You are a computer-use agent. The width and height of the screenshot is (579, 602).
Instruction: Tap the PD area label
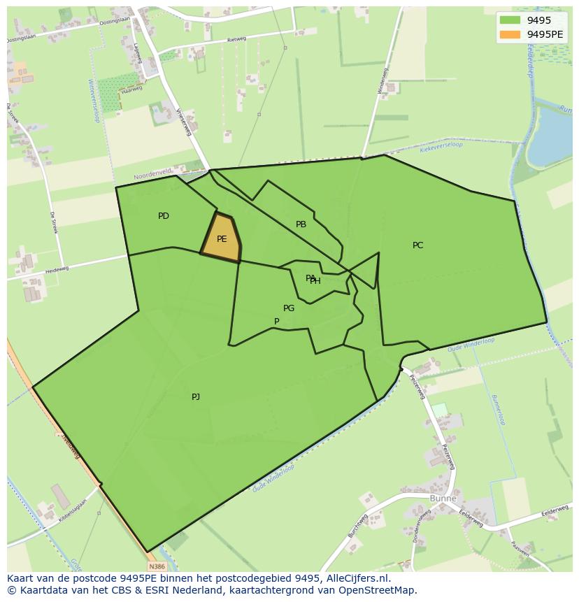point(164,216)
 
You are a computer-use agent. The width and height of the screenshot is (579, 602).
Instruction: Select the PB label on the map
point(301,224)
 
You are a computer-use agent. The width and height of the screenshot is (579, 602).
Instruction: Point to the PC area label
point(417,245)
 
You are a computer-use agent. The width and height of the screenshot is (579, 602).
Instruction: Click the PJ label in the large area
point(196,397)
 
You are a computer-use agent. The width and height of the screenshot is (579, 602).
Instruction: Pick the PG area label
point(289,308)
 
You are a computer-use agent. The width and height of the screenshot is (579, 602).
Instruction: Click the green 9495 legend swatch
point(510,20)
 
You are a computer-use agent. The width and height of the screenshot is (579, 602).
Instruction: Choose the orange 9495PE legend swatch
point(510,34)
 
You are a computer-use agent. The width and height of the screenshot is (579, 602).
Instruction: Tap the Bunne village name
point(443,499)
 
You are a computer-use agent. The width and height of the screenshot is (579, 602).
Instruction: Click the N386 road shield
point(157,566)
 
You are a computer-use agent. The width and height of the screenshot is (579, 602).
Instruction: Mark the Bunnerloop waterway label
point(498,409)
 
